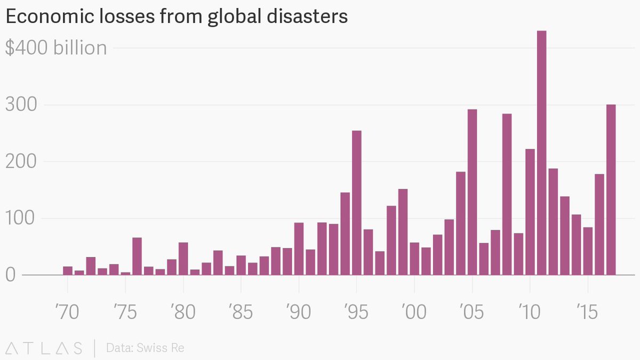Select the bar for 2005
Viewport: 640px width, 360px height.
[x=472, y=192]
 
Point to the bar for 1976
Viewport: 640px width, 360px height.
[x=137, y=257]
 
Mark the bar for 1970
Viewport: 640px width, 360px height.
[x=68, y=271]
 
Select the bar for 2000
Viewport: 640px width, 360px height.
[x=414, y=259]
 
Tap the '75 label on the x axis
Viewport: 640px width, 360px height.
[x=125, y=312]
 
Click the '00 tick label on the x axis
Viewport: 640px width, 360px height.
[x=414, y=312]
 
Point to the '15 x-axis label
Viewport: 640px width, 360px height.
[x=587, y=312]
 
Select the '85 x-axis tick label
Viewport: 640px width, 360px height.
[x=241, y=312]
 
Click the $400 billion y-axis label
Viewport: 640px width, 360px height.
[x=56, y=48]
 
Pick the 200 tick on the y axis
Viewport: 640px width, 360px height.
[x=21, y=162]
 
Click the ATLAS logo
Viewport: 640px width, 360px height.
[x=43, y=348]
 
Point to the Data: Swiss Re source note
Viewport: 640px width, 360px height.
[x=145, y=348]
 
